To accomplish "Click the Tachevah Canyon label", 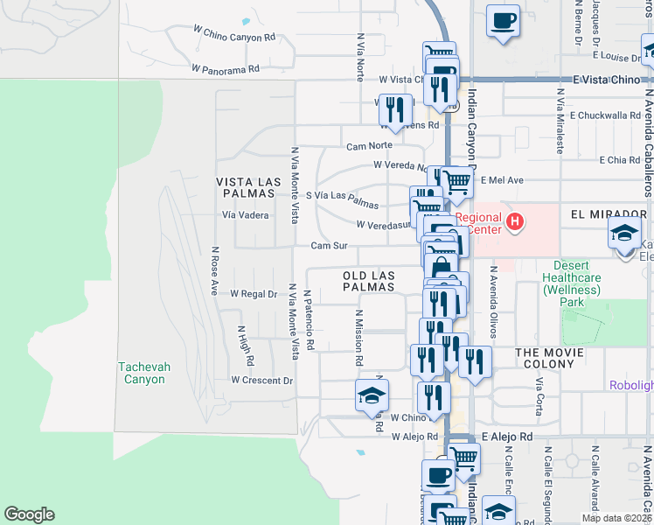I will pos(142,373).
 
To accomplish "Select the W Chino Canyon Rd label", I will pos(233,35).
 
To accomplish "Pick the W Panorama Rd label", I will pos(226,67).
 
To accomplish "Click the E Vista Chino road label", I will pos(607,80).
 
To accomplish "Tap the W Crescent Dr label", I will pos(261,381).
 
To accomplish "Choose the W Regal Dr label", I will pos(253,294).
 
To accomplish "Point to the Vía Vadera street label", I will pos(245,214).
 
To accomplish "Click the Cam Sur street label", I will pos(330,246).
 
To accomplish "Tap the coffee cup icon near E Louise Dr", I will pos(503,20).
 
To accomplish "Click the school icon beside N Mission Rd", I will pos(372,395).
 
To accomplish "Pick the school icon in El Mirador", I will pos(624,232).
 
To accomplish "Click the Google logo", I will pos(29,514).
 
